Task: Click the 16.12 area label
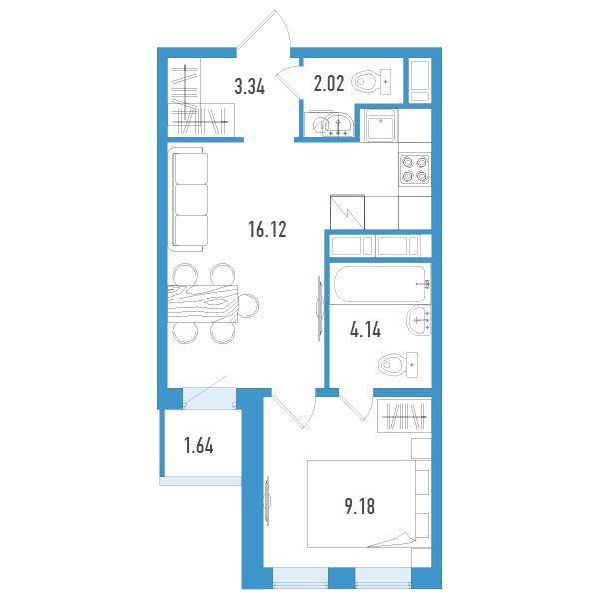click(267, 230)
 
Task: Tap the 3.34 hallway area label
click(249, 86)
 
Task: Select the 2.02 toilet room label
click(329, 83)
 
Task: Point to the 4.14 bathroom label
click(365, 329)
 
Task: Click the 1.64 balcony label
click(199, 446)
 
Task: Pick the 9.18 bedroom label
click(360, 506)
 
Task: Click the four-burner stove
click(415, 169)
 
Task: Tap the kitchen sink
click(381, 125)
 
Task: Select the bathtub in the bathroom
click(381, 284)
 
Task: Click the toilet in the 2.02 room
click(371, 82)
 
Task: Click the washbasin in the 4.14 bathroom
click(418, 321)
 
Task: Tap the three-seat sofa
click(188, 199)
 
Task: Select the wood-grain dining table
click(202, 304)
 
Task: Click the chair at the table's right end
click(248, 305)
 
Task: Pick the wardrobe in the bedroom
click(404, 416)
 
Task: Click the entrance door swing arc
click(282, 26)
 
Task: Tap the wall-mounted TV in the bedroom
click(267, 500)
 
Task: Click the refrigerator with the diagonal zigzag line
click(347, 212)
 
